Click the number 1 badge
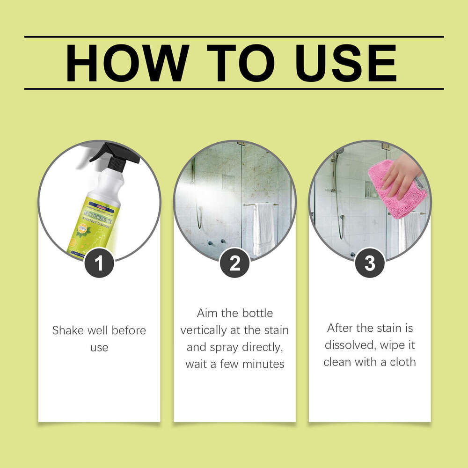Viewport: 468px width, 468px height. [99, 263]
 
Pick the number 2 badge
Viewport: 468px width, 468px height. [235, 263]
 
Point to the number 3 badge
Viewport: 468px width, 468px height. [370, 263]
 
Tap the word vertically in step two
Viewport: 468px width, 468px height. [202, 330]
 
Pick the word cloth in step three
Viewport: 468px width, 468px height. [402, 362]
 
